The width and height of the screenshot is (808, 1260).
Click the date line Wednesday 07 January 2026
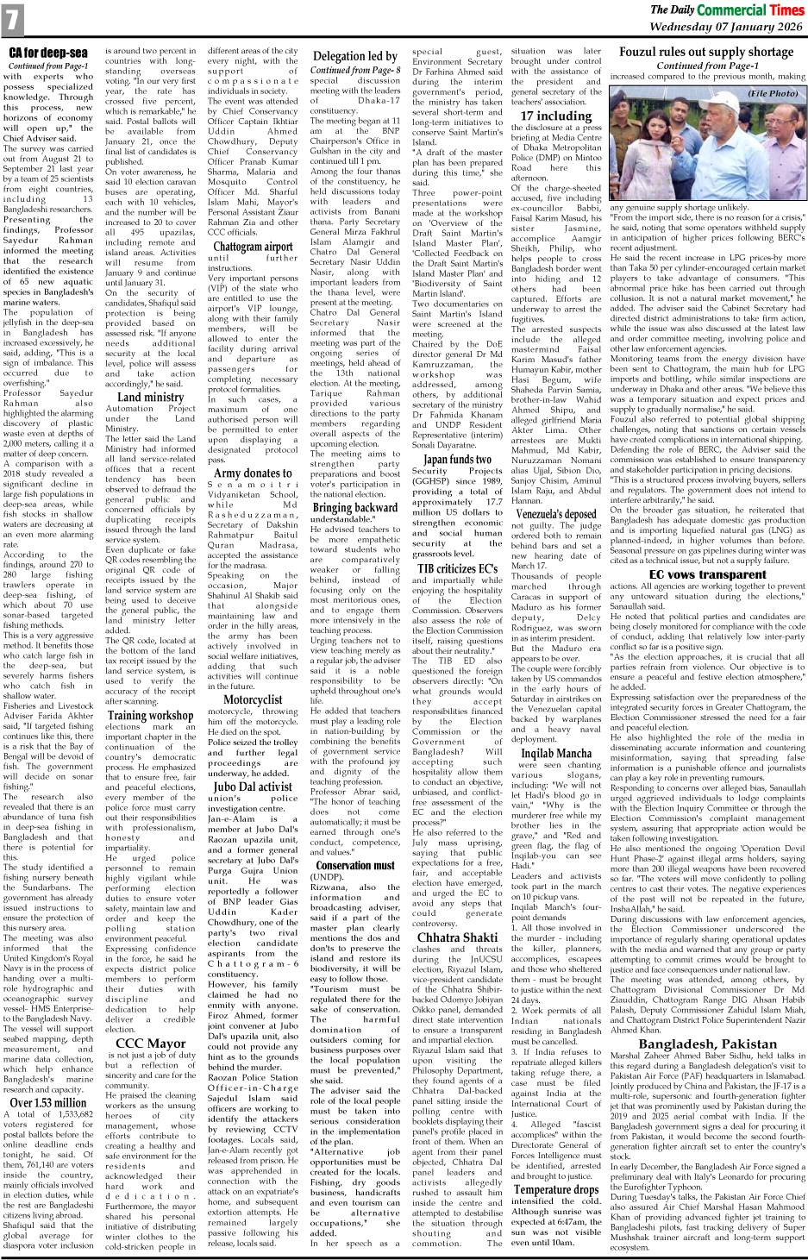[x=725, y=27]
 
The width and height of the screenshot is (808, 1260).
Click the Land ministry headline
[x=150, y=398]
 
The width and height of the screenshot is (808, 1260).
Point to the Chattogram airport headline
[x=254, y=247]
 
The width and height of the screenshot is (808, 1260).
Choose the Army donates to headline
[x=253, y=473]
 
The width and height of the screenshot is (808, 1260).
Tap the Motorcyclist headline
[x=253, y=700]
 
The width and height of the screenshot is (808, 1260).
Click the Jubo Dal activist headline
[x=253, y=786]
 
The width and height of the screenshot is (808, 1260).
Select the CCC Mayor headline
[x=150, y=1043]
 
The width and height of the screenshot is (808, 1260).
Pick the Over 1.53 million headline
[x=48, y=1102]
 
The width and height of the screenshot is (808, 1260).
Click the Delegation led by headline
[x=354, y=57]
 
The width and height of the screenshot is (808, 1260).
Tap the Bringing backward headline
[x=354, y=508]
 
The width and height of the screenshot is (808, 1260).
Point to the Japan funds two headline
[x=457, y=460]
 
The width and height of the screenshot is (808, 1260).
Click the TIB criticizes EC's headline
[x=457, y=568]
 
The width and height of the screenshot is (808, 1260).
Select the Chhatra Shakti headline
[x=457, y=937]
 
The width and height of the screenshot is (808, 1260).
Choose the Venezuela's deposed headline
[x=556, y=514]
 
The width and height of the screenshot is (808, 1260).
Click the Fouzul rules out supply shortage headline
[x=706, y=52]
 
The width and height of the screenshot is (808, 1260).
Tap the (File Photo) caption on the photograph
[x=773, y=93]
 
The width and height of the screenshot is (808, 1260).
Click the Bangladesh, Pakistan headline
[x=707, y=1044]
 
